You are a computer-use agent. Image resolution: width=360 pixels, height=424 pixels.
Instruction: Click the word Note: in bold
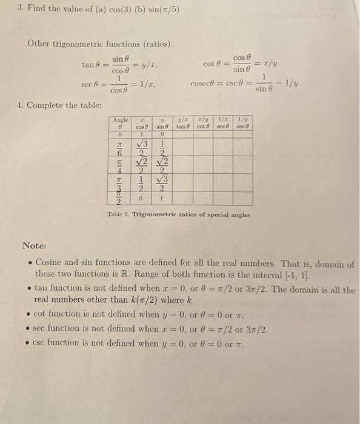click(35, 245)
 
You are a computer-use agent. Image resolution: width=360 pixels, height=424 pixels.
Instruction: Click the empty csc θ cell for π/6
click(243, 149)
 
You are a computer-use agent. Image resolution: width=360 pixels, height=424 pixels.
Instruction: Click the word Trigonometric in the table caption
click(158, 214)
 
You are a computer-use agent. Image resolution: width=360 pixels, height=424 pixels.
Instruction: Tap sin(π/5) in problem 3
click(162, 9)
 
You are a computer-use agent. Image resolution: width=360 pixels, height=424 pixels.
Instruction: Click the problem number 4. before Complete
click(21, 105)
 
